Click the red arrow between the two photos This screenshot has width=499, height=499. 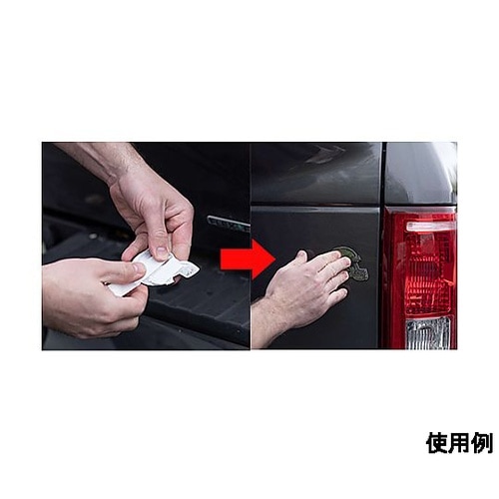pyautogui.click(x=247, y=259)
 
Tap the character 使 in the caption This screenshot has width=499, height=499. pyautogui.click(x=436, y=443)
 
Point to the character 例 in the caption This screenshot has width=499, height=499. pyautogui.click(x=482, y=443)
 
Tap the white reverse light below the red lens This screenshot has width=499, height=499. pyautogui.click(x=428, y=332)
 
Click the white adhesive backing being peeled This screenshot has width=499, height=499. pyautogui.click(x=157, y=272)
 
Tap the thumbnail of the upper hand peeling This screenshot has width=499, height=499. pyautogui.click(x=162, y=252)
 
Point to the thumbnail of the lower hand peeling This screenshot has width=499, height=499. pyautogui.click(x=138, y=267)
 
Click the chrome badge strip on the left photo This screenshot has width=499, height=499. pyautogui.click(x=229, y=222)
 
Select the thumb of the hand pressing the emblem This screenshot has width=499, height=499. pyautogui.click(x=302, y=256)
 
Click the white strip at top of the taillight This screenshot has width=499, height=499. pyautogui.click(x=430, y=227)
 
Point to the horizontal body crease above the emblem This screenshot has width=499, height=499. pyautogui.click(x=316, y=207)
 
